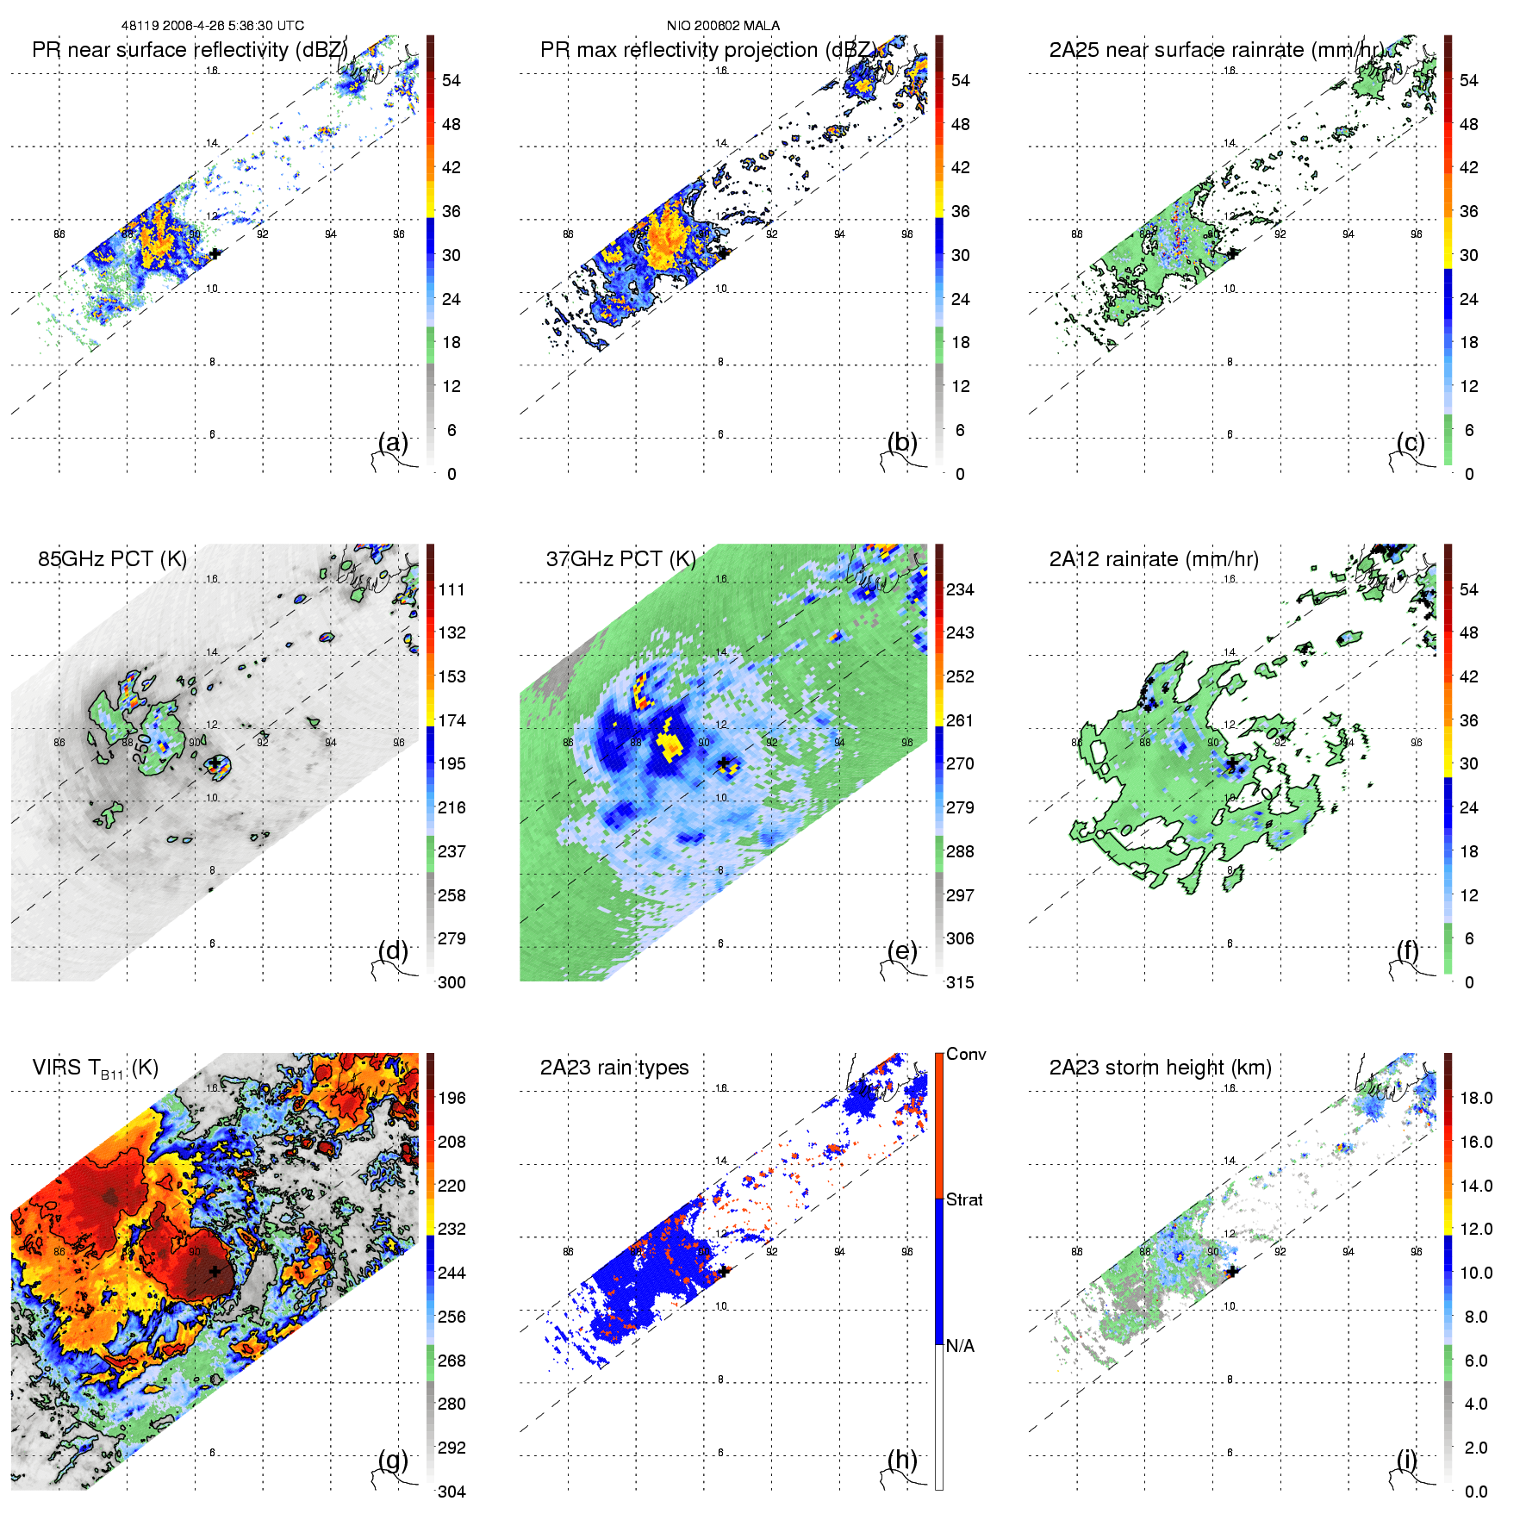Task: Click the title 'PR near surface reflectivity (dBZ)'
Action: tap(190, 50)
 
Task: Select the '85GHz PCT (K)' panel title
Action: tap(112, 558)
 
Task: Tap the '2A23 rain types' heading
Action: tap(614, 1068)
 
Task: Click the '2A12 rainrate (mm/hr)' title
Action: tap(1154, 558)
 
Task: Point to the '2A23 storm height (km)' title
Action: tap(1160, 1068)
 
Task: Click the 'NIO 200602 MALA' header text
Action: tap(723, 26)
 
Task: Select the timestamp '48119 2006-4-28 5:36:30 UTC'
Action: tap(212, 26)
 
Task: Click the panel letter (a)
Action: tap(393, 443)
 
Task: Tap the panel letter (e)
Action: tap(902, 951)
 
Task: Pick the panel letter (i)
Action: tap(1406, 1460)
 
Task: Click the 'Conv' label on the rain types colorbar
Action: tap(966, 1054)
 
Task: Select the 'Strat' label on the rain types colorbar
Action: tap(964, 1199)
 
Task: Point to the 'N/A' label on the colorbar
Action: tap(960, 1346)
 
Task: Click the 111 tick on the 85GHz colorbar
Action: tap(452, 589)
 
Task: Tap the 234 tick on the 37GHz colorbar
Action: tap(960, 589)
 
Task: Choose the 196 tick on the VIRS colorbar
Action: tap(452, 1098)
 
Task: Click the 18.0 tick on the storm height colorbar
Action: tap(1476, 1098)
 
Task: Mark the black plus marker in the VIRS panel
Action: tap(215, 1271)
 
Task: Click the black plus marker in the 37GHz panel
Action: tap(724, 763)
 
